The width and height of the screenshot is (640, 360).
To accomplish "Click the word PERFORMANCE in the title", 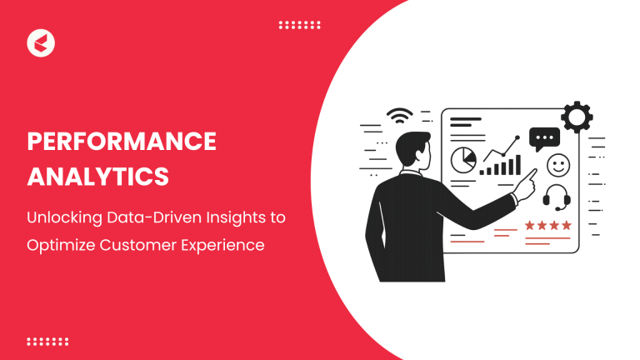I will click(x=122, y=142).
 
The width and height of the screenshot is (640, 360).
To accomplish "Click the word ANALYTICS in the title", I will click(x=97, y=177).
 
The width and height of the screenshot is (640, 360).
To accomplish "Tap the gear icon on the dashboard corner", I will click(x=577, y=117).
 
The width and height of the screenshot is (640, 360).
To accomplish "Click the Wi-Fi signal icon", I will click(x=400, y=117).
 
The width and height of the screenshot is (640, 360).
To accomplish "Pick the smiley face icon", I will click(x=557, y=166).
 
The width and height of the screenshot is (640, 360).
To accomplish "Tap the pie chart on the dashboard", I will click(x=462, y=158).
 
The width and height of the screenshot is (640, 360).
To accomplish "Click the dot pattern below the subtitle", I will click(x=47, y=341).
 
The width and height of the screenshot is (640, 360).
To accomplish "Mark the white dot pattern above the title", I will click(x=299, y=25).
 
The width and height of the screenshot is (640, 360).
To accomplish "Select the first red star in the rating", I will click(x=530, y=225).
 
